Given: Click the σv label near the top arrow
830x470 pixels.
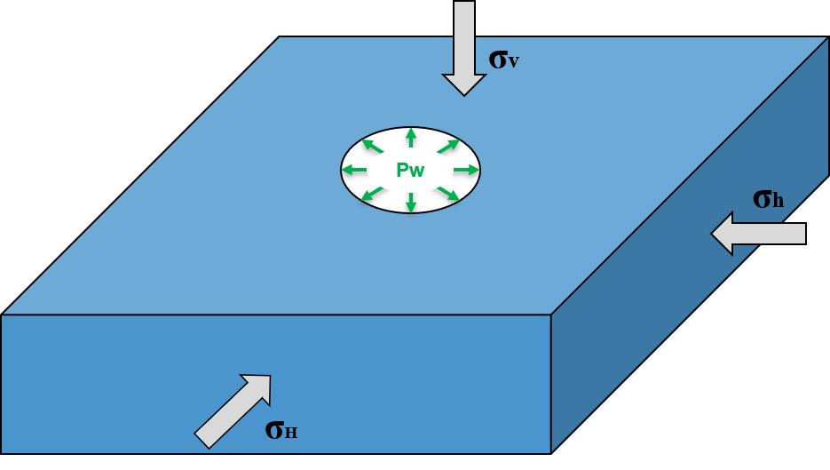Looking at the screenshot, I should tap(503, 60).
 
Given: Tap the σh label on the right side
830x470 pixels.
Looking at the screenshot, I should tap(768, 199).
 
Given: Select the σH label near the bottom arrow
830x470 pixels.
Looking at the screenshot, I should tap(281, 429).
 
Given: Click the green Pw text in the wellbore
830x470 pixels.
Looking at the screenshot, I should tap(410, 171).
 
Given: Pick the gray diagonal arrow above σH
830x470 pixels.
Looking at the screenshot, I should tap(233, 410).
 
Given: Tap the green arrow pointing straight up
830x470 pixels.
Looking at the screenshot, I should tap(410, 138).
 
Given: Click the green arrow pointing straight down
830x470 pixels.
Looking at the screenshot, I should tap(410, 203).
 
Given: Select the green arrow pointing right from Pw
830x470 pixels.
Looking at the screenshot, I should tap(466, 170).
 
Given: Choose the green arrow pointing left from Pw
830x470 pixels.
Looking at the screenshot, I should tap(354, 170).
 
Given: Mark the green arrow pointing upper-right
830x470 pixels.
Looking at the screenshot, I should tap(448, 146).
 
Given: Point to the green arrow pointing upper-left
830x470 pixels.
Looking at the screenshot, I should tap(373, 146).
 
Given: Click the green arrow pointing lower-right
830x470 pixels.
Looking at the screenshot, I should tap(448, 194).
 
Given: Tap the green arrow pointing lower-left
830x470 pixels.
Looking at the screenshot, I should tap(373, 194).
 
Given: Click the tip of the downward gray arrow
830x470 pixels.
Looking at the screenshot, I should tap(464, 92).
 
